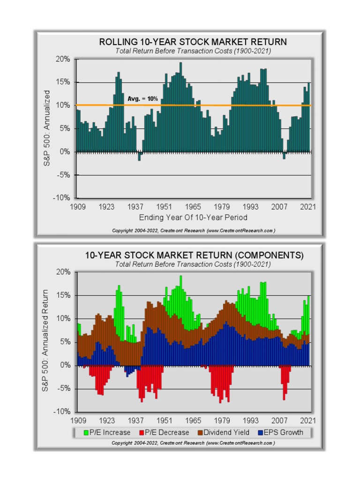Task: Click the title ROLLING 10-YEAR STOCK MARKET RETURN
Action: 193,42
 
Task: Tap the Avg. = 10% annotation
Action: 142,99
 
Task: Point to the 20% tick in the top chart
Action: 63,60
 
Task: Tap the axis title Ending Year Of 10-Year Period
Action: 193,217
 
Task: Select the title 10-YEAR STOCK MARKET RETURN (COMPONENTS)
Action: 194,255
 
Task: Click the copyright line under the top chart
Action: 193,231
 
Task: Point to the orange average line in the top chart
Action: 234,105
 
